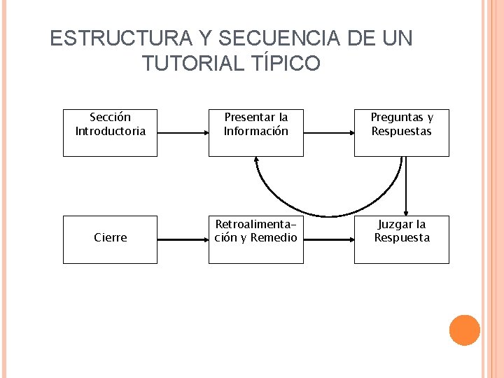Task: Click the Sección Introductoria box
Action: point(110,132)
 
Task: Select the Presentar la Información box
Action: point(255,132)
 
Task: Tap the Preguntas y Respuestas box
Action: point(401,132)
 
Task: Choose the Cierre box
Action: point(110,239)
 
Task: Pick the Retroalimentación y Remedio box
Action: point(255,239)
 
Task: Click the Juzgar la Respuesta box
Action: point(401,239)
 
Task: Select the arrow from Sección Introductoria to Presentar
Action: point(182,132)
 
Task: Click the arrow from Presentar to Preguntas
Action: point(328,132)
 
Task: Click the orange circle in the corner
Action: point(464,330)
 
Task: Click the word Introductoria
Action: point(111,131)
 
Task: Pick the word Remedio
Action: point(274,237)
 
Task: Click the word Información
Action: point(255,131)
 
